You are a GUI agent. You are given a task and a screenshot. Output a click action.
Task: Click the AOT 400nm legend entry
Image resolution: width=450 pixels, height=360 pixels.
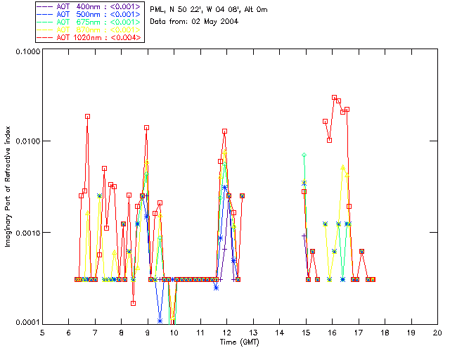(x=89, y=6)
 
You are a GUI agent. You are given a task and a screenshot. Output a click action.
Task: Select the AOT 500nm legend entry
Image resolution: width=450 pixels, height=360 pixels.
(x=89, y=14)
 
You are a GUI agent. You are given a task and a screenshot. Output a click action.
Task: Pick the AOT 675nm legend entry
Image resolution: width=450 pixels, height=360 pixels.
(x=89, y=22)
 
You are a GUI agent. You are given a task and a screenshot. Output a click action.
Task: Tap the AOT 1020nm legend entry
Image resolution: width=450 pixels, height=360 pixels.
(x=89, y=37)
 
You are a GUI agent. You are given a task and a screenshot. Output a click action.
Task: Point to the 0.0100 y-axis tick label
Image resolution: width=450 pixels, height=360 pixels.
(x=23, y=142)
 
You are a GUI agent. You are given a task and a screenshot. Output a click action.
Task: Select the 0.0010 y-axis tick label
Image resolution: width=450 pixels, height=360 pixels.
(x=23, y=233)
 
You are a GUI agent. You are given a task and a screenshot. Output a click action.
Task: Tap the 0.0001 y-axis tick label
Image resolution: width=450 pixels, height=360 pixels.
(x=23, y=323)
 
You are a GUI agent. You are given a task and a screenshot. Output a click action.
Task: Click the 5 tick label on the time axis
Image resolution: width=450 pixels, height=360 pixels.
(x=42, y=333)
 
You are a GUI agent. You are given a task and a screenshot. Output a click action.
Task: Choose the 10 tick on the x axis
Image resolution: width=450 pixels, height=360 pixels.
(x=174, y=333)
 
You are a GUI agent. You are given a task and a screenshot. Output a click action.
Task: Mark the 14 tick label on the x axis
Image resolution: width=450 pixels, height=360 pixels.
(x=279, y=333)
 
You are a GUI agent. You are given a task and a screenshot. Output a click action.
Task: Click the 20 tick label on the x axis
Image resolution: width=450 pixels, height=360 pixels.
(x=437, y=333)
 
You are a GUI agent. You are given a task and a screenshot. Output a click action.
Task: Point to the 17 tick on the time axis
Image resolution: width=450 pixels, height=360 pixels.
(x=359, y=333)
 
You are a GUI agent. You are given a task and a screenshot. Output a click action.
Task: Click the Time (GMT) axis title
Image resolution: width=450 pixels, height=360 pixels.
(x=239, y=342)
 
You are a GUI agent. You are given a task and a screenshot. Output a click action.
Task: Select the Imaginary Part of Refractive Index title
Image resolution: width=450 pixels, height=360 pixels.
(x=8, y=186)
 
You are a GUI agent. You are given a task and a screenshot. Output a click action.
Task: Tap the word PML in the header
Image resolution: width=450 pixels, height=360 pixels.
(x=157, y=9)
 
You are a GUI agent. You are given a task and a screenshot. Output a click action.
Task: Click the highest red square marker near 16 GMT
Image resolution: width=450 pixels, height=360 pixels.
(x=335, y=98)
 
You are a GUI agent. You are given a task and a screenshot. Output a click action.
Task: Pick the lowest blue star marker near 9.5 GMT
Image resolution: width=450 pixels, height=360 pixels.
(x=160, y=321)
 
